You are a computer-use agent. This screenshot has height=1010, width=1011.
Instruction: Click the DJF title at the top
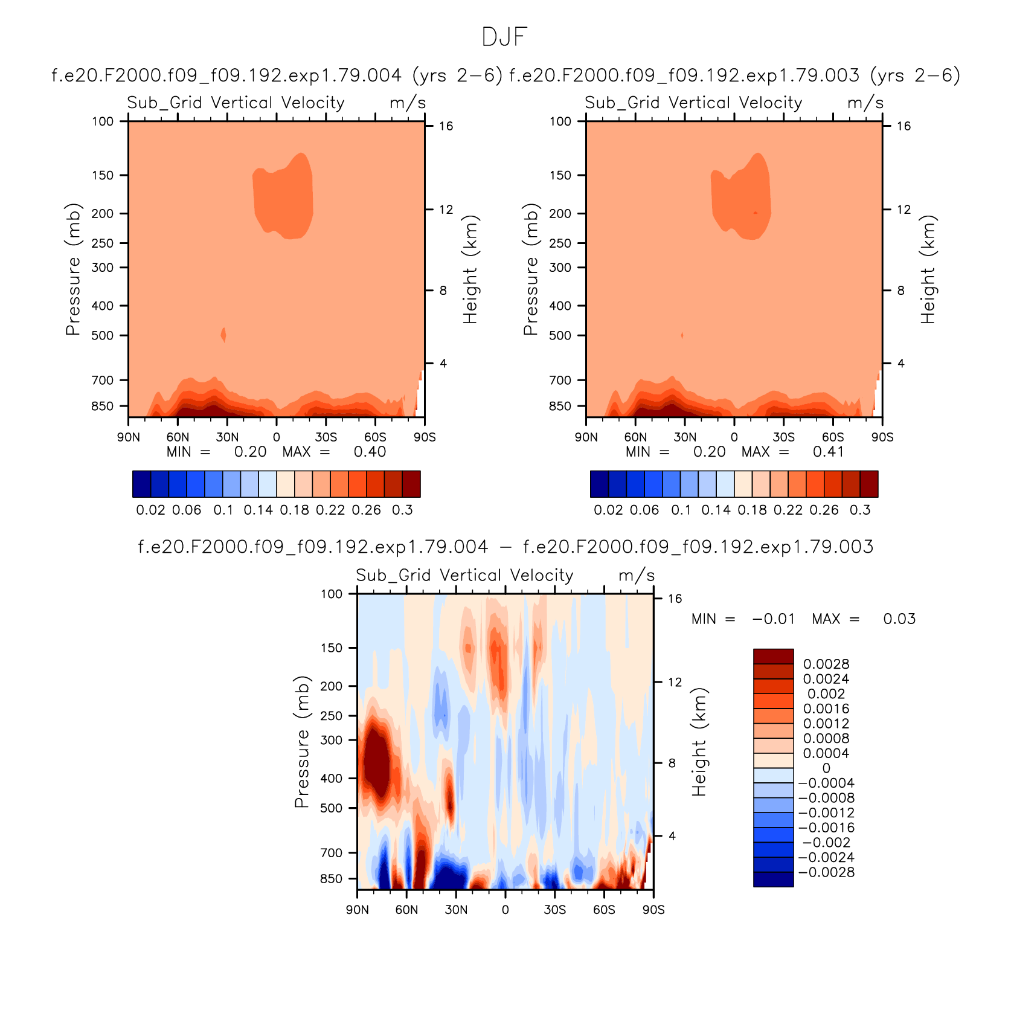coord(505,37)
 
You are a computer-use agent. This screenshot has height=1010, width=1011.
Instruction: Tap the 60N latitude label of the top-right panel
coord(635,437)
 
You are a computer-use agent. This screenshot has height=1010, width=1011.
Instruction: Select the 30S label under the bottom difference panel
coord(554,910)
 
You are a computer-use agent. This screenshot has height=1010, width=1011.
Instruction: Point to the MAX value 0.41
coord(828,452)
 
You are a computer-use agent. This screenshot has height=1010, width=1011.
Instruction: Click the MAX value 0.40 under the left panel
coord(370,452)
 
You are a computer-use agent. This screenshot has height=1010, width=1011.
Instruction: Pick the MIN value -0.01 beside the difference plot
coord(774,619)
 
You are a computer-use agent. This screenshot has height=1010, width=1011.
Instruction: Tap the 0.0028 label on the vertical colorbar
coord(826,664)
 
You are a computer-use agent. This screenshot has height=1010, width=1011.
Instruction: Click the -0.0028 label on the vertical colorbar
coord(826,872)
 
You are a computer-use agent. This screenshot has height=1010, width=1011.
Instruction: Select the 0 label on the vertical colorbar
coord(826,768)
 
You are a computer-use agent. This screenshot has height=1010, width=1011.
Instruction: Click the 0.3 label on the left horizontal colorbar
coord(402,510)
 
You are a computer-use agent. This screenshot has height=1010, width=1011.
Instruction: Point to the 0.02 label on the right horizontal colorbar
coord(608,510)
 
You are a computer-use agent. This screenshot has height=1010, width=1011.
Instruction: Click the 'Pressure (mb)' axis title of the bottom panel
coord(302,742)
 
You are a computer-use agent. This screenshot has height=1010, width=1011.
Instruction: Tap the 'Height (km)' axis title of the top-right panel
coord(928,269)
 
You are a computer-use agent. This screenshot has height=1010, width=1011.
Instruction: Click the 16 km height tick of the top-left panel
coord(446,126)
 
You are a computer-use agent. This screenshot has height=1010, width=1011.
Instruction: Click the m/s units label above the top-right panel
coord(865,103)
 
